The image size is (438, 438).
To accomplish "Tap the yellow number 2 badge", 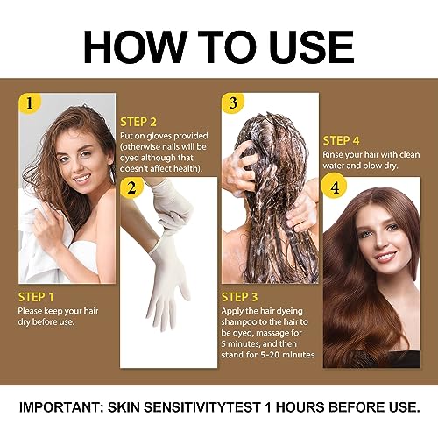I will pyautogui.click(x=131, y=186).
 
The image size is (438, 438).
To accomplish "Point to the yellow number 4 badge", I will pyautogui.click(x=334, y=186).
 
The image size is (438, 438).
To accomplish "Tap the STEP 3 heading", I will pyautogui.click(x=240, y=296).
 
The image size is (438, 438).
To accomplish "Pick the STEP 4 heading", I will pyautogui.click(x=342, y=140).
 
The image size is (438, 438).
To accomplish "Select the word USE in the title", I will pyautogui.click(x=309, y=44).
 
